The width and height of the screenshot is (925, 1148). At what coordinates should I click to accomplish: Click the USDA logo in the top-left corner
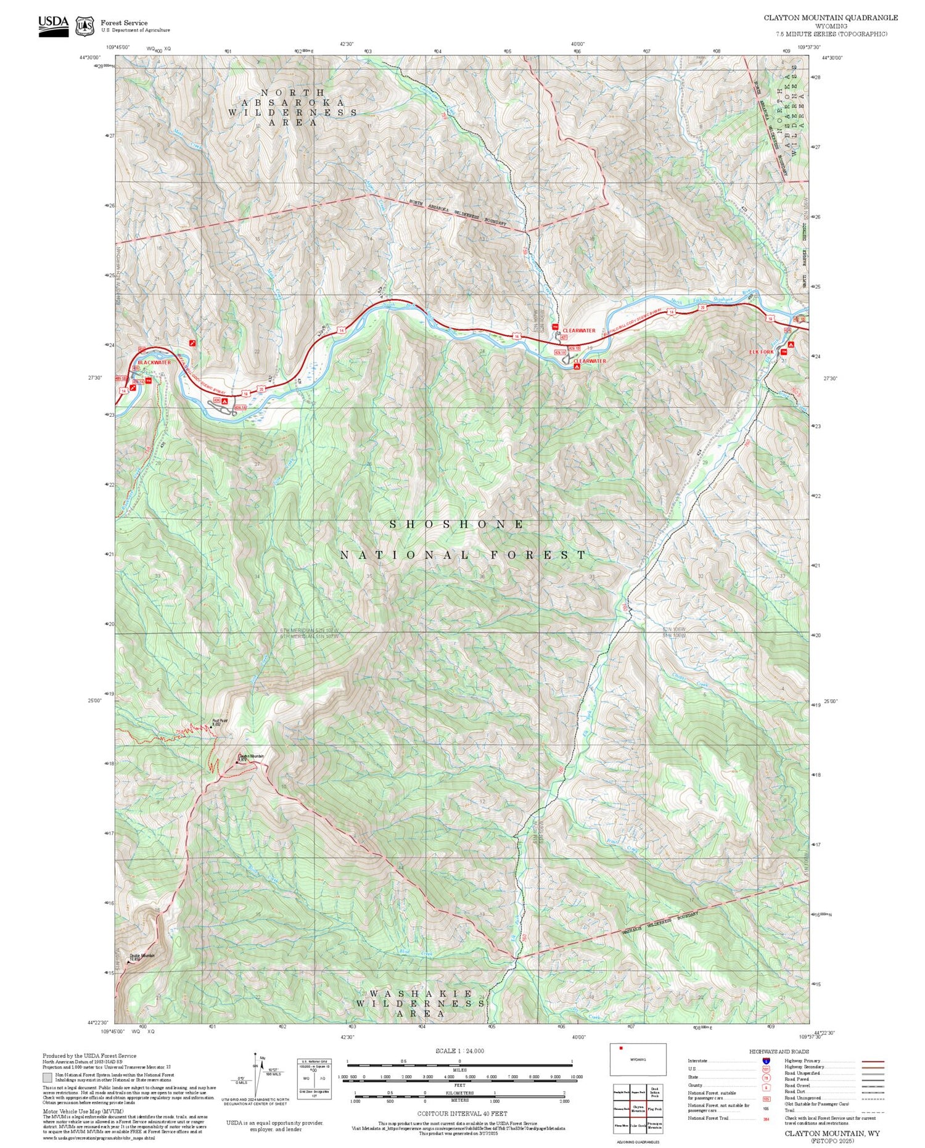pos(53,25)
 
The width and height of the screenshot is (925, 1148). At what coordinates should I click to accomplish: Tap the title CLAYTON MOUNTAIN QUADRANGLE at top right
pos(831,18)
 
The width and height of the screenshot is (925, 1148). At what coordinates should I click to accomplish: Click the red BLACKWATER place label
pos(154,363)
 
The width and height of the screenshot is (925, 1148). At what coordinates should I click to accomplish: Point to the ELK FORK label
pos(761,352)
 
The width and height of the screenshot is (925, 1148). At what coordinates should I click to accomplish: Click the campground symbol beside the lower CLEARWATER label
pos(577,366)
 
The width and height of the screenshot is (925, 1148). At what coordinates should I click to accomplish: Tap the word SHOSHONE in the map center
pos(457,525)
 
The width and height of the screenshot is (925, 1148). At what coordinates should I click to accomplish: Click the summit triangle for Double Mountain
pos(128,962)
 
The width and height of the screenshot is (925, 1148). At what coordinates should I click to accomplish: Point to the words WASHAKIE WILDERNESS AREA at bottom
pos(421,1004)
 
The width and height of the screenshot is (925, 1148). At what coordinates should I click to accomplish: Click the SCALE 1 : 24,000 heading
pos(459,1051)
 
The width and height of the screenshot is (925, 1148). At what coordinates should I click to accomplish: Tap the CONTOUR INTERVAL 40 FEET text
pos(462,1113)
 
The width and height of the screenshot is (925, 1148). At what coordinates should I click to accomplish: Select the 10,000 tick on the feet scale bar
pos(576,1076)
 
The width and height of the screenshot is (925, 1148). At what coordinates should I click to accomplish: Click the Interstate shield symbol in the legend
pos(766,1060)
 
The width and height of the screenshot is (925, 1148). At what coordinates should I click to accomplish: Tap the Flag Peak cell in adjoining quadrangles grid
pos(655,1108)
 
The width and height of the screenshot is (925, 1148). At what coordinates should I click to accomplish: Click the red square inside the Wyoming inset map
pos(621,1048)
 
